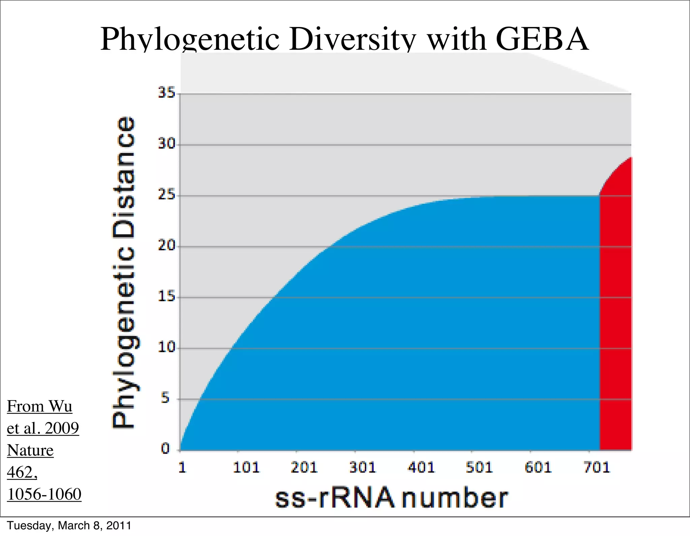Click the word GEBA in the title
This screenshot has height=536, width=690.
[542, 40]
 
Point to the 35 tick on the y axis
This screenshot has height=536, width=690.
[167, 93]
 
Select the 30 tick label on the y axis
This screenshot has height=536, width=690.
[167, 144]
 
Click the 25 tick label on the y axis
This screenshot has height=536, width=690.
[167, 195]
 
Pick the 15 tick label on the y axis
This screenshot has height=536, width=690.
[167, 296]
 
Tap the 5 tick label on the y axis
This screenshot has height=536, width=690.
[165, 398]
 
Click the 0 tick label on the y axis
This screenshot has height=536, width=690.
[165, 449]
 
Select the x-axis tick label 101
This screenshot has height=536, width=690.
[246, 468]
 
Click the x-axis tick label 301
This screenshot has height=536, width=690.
[363, 468]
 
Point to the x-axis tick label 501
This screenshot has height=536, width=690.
[479, 468]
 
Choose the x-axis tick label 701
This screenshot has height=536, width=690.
[597, 468]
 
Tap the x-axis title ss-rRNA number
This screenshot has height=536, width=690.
[391, 498]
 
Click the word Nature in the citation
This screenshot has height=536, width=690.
[30, 450]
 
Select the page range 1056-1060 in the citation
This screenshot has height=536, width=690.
[44, 494]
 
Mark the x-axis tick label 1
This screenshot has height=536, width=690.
[182, 468]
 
